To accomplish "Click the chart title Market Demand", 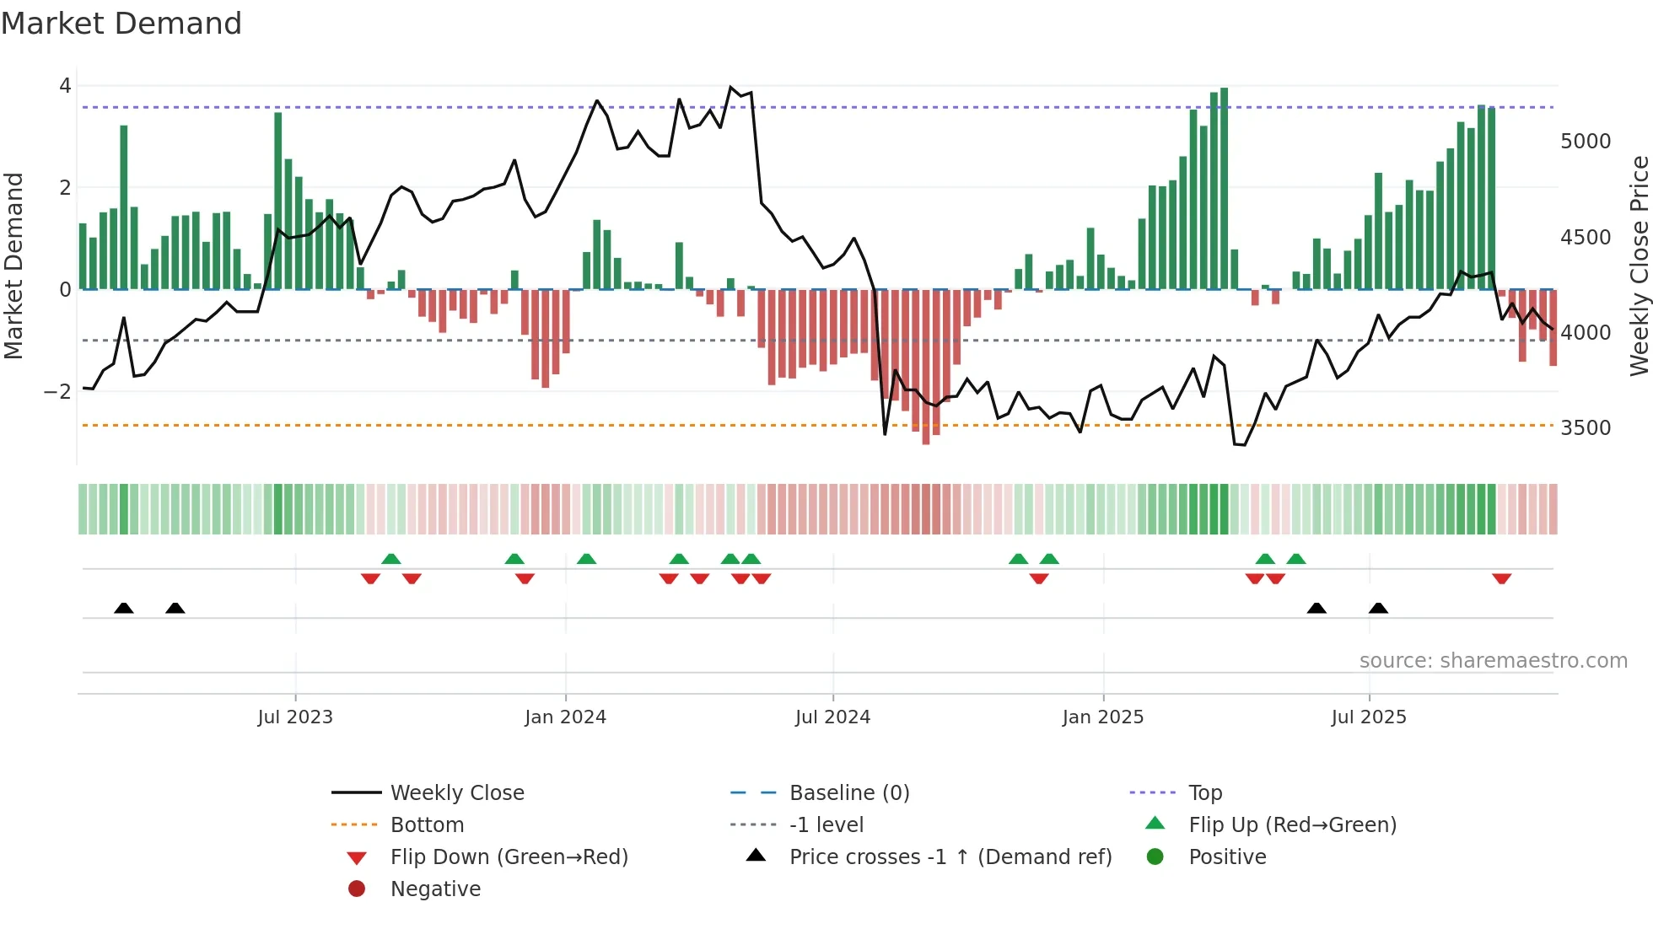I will pos(121,24).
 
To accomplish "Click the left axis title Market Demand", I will pos(14,266).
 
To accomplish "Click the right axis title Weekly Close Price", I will pos(1639,266).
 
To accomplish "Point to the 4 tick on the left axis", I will pos(65,86).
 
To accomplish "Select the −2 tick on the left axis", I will pos(57,392).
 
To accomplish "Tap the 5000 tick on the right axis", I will pos(1586,142).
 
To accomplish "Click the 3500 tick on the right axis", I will pos(1586,428).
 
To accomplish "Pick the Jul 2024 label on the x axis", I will pos(832,717).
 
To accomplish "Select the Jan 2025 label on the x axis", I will pos(1102,717).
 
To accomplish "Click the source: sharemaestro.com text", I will pos(1493,661).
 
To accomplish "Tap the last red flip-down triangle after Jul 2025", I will pos(1501,578).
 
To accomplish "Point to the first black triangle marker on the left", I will pos(124,608).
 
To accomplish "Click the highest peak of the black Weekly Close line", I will pos(730,87).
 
